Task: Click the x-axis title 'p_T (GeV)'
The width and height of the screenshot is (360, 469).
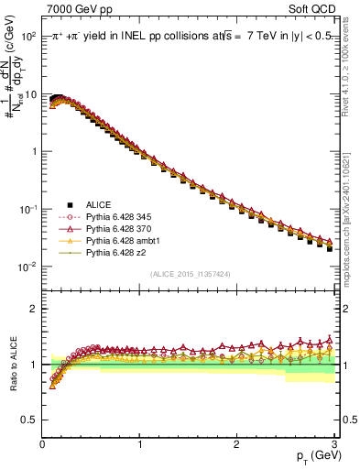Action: click(x=311, y=455)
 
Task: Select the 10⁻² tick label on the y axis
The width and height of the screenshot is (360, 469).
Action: click(x=27, y=267)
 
